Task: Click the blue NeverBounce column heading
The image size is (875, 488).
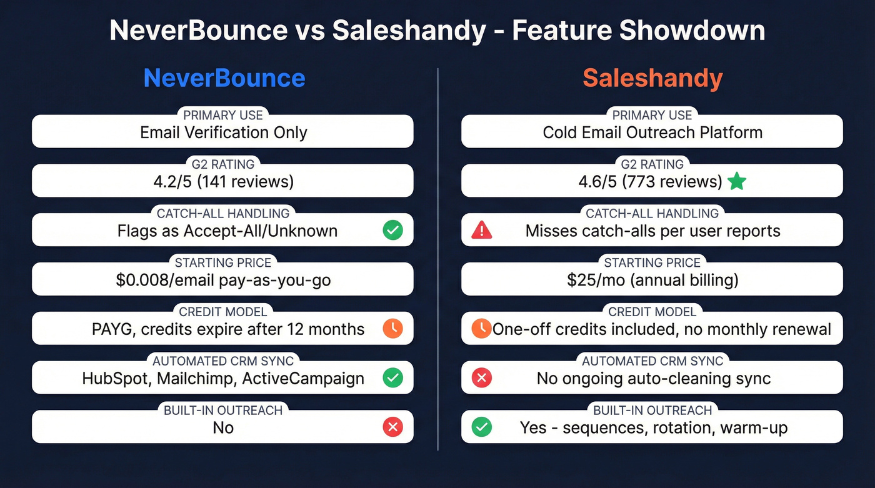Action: [224, 79]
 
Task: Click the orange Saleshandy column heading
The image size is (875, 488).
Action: [652, 79]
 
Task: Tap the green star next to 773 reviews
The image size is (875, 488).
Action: [737, 182]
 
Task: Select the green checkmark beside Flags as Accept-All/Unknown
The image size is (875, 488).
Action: [392, 231]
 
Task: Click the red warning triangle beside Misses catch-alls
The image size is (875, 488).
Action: [481, 231]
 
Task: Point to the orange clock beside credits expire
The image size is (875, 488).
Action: [392, 329]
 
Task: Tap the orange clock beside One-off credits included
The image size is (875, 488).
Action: [481, 329]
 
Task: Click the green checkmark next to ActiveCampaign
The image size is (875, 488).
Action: [392, 378]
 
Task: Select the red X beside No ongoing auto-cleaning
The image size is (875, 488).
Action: [481, 378]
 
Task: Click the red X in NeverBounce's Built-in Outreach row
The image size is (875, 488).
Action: [392, 427]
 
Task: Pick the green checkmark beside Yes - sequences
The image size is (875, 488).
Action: [481, 427]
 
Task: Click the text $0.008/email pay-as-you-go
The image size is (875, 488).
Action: [223, 280]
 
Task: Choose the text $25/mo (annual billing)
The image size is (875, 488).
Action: [652, 280]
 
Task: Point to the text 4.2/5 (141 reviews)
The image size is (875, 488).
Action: [223, 182]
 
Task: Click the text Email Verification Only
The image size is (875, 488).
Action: [223, 132]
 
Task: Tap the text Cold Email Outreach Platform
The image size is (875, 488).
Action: [652, 132]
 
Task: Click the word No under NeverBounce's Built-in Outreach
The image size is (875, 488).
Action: [223, 427]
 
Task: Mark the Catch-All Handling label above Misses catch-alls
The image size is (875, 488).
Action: [652, 213]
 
